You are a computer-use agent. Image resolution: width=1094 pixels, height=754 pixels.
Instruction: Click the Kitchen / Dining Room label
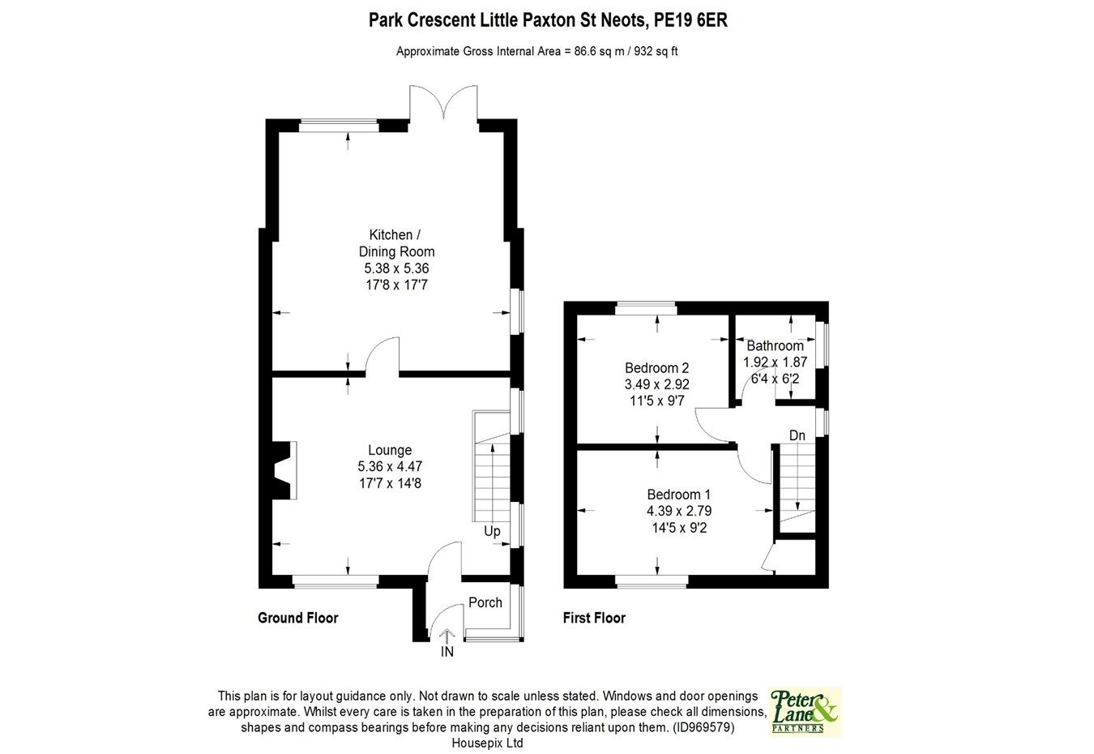tap(396, 243)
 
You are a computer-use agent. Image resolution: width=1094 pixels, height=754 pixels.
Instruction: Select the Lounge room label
tap(390, 450)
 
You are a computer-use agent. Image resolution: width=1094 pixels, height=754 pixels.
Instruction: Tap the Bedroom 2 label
tap(656, 367)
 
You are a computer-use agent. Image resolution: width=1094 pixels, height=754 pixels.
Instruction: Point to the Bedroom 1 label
tap(678, 495)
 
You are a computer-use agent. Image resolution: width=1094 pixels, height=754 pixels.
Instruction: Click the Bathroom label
tap(775, 345)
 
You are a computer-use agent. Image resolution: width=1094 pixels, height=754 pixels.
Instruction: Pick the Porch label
tap(485, 602)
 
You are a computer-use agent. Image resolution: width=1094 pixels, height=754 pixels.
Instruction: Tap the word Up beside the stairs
tap(492, 532)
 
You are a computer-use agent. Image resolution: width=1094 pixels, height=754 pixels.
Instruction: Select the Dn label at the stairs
tap(797, 435)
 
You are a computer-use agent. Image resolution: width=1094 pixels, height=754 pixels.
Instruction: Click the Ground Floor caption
tap(297, 618)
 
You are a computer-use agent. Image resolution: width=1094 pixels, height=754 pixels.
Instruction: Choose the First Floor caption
tap(594, 618)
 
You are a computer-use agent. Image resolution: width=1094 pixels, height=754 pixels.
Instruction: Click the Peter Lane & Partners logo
tap(805, 711)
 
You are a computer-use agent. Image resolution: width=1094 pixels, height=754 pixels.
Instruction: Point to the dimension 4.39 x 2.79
tap(678, 511)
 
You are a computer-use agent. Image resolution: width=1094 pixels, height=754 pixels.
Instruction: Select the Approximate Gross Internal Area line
tap(542, 51)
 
